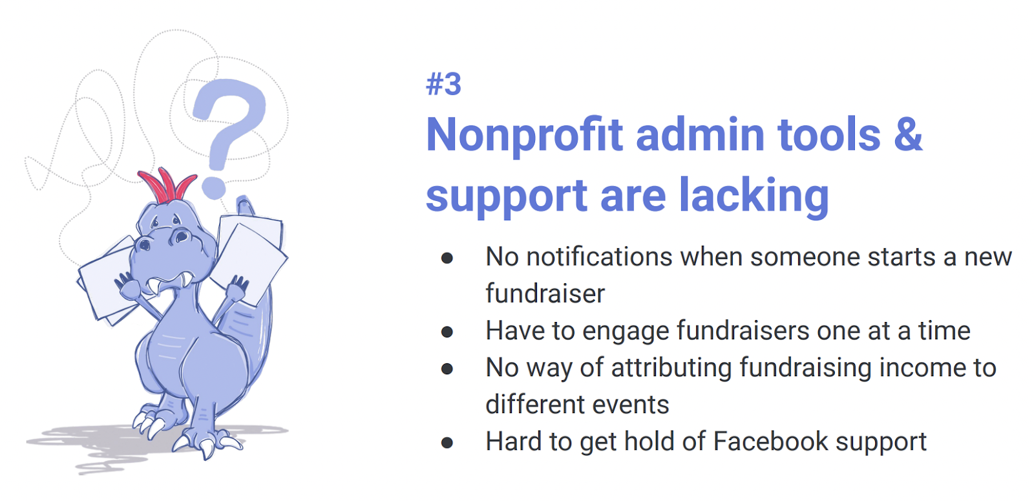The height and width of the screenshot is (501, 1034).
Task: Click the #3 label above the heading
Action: pos(444,85)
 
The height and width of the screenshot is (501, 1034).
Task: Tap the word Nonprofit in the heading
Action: pos(524,135)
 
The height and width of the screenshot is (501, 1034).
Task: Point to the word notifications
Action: pos(600,257)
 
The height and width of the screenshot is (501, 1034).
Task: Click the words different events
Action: pos(577,405)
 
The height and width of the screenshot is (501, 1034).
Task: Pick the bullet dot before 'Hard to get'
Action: pos(447,443)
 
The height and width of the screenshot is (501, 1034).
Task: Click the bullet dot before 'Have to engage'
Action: pos(447,332)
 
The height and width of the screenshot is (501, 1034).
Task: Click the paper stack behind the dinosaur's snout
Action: pos(103,284)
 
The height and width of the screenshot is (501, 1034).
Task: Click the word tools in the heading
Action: pos(829,135)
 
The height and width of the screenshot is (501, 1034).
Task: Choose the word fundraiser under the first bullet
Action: pos(545,294)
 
